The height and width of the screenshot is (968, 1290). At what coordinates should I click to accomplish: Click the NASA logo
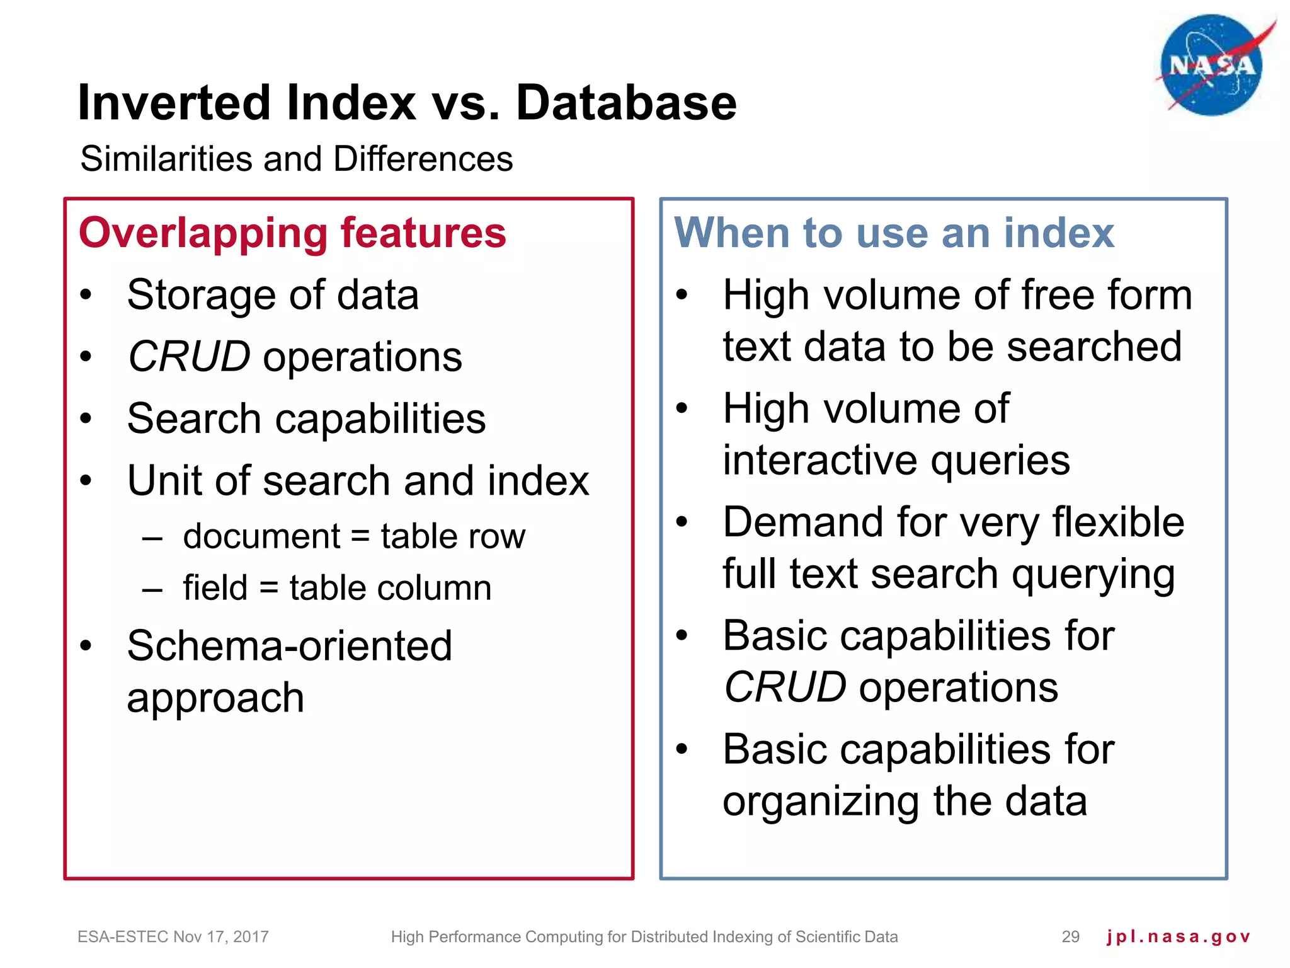click(x=1212, y=66)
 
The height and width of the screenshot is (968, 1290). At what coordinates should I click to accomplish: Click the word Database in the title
click(x=626, y=103)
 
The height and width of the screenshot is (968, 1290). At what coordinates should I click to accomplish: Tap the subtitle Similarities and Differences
click(x=296, y=159)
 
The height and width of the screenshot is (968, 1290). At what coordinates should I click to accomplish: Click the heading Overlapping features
click(x=292, y=233)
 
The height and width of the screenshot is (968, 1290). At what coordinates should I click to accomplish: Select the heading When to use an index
click(x=894, y=233)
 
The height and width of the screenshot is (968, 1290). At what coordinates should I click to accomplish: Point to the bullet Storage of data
click(x=273, y=295)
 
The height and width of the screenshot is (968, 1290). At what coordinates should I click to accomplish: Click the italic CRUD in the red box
click(x=189, y=357)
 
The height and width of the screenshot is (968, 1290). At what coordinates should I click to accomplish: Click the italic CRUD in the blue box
click(x=785, y=687)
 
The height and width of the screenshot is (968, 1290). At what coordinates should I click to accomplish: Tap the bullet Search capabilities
click(x=306, y=419)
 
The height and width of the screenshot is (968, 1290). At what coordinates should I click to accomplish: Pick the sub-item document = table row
click(x=354, y=537)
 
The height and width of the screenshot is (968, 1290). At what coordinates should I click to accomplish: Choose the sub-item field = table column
click(x=337, y=588)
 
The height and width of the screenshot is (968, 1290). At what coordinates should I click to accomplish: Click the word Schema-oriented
click(x=290, y=646)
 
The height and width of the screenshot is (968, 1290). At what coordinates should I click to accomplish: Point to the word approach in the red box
click(x=215, y=698)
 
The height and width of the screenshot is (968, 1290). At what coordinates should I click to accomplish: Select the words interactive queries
click(x=896, y=460)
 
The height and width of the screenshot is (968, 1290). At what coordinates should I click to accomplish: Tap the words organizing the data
click(x=905, y=802)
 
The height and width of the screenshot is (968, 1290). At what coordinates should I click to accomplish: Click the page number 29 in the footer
click(x=1070, y=936)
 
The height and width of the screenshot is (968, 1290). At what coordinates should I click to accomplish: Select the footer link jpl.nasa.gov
click(x=1178, y=936)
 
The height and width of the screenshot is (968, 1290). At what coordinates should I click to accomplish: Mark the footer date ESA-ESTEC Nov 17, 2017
click(x=173, y=936)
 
